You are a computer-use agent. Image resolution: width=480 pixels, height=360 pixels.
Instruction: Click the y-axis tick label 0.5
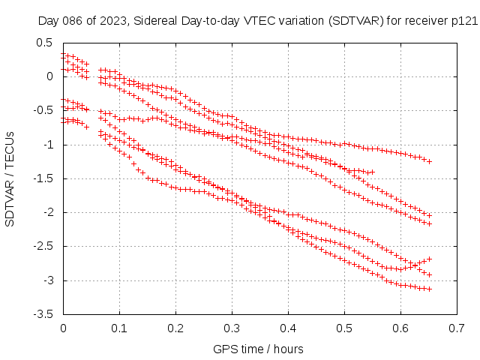pyautogui.click(x=44, y=42)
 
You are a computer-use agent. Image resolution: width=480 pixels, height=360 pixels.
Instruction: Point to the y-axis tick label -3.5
pyautogui.click(x=42, y=314)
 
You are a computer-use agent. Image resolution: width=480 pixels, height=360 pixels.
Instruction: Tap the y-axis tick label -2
pyautogui.click(x=46, y=212)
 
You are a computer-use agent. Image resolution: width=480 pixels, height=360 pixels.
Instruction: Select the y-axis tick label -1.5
pyautogui.click(x=42, y=178)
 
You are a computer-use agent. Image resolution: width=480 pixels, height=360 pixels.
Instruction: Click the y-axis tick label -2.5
pyautogui.click(x=42, y=246)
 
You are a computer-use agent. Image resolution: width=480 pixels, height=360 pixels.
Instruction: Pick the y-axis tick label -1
pyautogui.click(x=46, y=144)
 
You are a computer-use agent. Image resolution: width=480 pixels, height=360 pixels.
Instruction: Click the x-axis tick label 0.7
pyautogui.click(x=457, y=328)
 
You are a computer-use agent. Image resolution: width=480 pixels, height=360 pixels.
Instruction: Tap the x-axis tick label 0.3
pyautogui.click(x=232, y=328)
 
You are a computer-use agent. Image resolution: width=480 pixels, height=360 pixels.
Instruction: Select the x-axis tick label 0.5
pyautogui.click(x=344, y=328)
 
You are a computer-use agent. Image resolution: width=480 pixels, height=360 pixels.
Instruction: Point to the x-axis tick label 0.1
pyautogui.click(x=119, y=328)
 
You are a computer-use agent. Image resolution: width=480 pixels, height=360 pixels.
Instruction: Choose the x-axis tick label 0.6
pyautogui.click(x=400, y=328)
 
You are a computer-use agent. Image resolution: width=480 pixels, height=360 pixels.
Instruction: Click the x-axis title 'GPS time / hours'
pyautogui.click(x=259, y=349)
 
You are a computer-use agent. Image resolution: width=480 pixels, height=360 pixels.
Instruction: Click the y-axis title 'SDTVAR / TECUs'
pyautogui.click(x=10, y=178)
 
